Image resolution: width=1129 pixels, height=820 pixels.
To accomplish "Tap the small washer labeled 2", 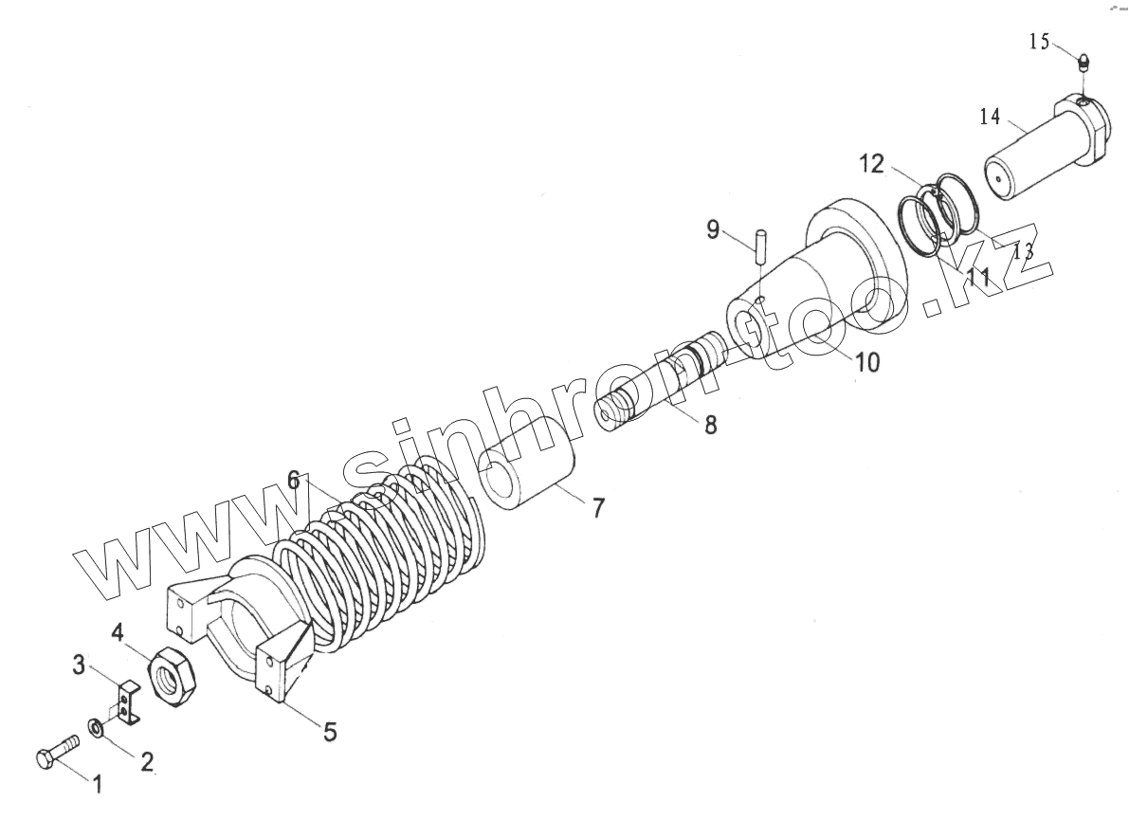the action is [97, 727].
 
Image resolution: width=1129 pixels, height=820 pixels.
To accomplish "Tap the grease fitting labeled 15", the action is [1084, 64].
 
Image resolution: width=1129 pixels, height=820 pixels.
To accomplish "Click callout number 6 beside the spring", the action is [294, 481].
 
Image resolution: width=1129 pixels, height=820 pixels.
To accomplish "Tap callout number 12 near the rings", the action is [872, 165].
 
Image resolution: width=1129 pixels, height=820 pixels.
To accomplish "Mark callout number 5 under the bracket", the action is [330, 732].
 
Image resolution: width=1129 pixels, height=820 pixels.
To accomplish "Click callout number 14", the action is [990, 118].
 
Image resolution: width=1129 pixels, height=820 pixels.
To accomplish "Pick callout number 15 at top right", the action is [1039, 42].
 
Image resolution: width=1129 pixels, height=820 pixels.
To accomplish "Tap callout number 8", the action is [710, 425].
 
